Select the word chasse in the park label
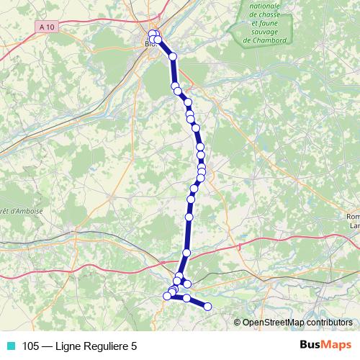click(266, 14)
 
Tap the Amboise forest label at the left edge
click(22, 211)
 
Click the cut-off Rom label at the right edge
click(353, 216)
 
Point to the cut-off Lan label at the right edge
click(354, 226)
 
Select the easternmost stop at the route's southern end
click(208, 307)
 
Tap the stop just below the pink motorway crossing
click(186, 253)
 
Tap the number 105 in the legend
click(31, 346)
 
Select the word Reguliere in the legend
click(104, 346)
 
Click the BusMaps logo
click(325, 345)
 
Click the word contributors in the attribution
click(327, 323)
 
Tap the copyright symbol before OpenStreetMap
click(238, 323)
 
